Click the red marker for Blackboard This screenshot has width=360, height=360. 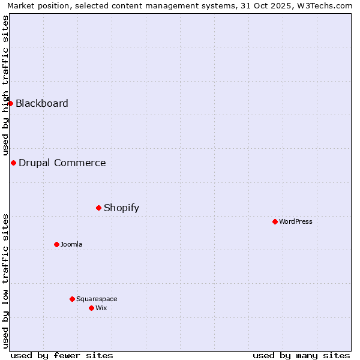pos(10,103)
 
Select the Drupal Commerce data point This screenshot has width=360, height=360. pos(13,163)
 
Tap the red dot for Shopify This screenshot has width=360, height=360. pos(98,208)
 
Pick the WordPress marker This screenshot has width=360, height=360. pos(275,221)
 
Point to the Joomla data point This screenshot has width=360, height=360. pos(56,244)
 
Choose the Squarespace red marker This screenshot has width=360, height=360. pos(72,299)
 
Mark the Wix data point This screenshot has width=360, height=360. pos(91,308)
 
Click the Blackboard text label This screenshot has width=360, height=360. pos(42,103)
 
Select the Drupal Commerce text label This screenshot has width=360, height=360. pos(62,163)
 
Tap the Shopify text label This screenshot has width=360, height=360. pos(122,208)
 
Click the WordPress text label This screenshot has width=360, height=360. pos(296,222)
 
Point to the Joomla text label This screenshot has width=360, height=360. pos(71,245)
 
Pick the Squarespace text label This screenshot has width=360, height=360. pos(97,299)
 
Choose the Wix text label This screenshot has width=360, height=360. pos(101,308)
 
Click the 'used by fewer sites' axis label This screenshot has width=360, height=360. pos(62,355)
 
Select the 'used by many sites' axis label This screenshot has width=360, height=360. pos(301,355)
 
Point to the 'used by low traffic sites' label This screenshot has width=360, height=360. pos(5,281)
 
